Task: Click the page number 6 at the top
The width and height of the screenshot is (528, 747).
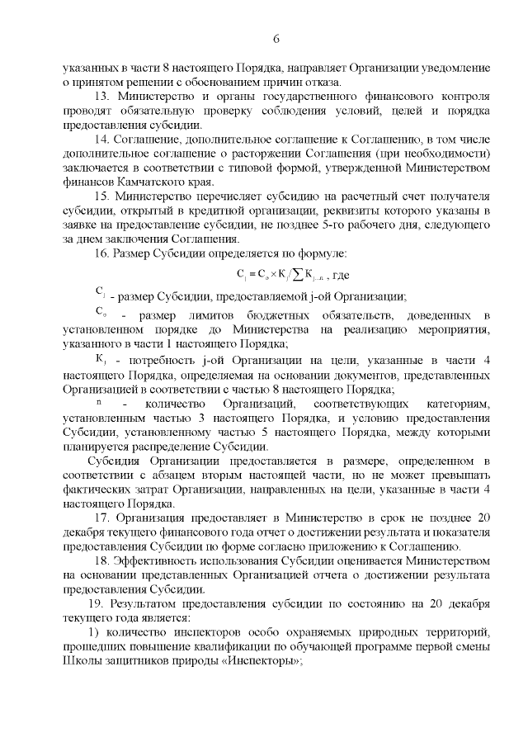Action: point(276,40)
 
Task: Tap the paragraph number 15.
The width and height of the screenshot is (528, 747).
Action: point(101,196)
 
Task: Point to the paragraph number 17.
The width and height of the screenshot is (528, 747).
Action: point(101,518)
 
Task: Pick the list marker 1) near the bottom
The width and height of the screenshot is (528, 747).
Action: point(94,632)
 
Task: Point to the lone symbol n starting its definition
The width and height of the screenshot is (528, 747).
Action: point(99,403)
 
